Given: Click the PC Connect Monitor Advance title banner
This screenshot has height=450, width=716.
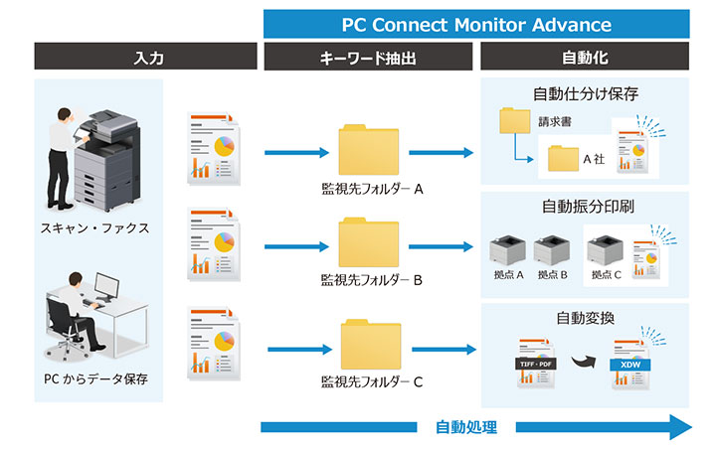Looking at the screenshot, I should pos(476,23).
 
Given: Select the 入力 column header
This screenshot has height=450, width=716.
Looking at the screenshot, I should pos(147,58).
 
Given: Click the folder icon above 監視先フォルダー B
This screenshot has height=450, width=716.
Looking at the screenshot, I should pos(367,244).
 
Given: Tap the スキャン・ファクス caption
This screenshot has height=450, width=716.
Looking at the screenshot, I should pos(96,228).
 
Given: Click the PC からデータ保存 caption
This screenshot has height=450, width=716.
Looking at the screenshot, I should pos(96,378).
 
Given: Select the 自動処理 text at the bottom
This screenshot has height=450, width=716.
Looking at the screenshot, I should pos(465,428).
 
